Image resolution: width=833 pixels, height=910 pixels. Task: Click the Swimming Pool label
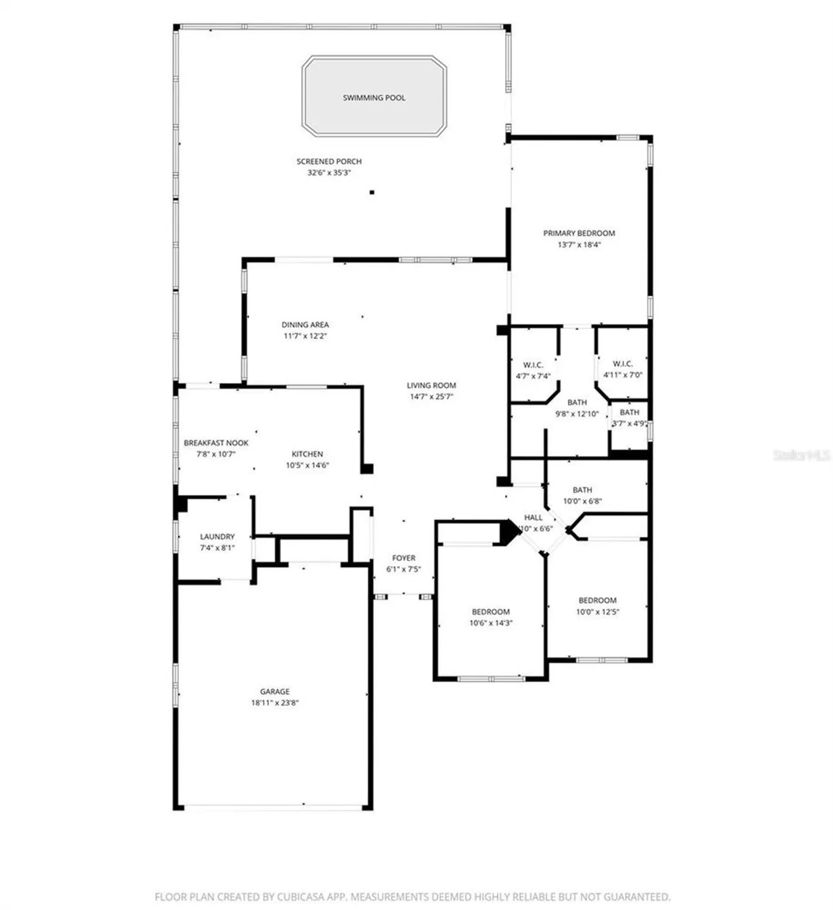(x=374, y=98)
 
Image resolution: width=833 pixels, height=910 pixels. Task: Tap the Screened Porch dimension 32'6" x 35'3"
(x=329, y=173)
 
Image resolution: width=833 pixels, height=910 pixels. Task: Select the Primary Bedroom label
(x=579, y=233)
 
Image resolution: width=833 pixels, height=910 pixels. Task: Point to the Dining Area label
(x=305, y=325)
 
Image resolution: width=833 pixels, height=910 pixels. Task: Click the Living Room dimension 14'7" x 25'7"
(x=431, y=397)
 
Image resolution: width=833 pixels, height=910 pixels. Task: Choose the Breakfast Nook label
(x=216, y=443)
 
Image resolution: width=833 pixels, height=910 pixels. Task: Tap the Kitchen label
(x=307, y=454)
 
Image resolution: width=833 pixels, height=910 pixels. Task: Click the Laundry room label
(x=217, y=536)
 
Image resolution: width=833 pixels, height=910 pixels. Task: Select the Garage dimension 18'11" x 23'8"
(x=275, y=703)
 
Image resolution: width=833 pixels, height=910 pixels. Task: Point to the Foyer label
(x=403, y=558)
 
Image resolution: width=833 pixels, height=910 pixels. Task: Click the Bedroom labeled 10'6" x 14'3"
(x=491, y=612)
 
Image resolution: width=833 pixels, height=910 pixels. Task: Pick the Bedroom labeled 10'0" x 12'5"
(x=598, y=601)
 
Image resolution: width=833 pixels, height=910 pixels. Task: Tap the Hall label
(x=533, y=517)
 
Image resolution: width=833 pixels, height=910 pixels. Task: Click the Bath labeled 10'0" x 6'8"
(x=582, y=490)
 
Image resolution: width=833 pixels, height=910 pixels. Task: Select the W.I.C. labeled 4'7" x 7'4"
(x=533, y=365)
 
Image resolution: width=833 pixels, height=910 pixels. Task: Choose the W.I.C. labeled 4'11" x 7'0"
(x=622, y=363)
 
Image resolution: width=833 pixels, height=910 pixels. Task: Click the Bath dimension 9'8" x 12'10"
(x=577, y=414)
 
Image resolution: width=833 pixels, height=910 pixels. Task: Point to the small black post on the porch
(x=372, y=192)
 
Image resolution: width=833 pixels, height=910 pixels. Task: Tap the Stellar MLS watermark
(x=801, y=455)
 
